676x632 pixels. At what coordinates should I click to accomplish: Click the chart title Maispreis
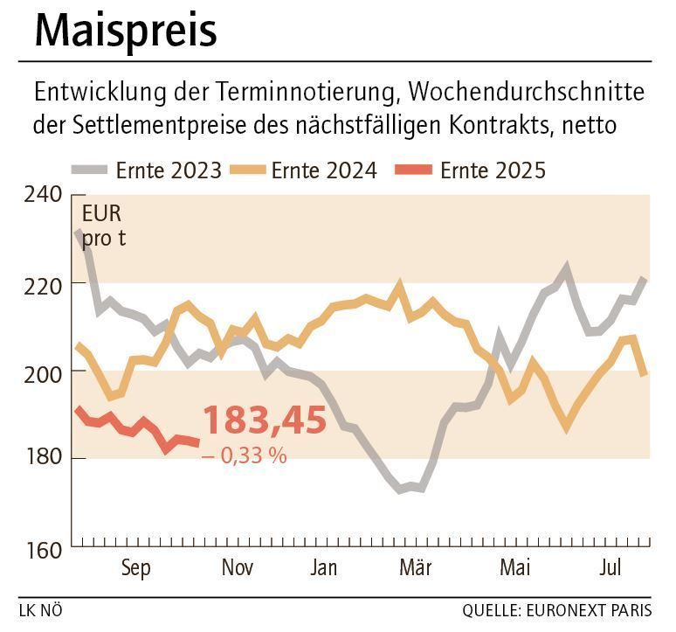coord(126,31)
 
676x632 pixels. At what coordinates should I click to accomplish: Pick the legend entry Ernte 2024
coord(324,170)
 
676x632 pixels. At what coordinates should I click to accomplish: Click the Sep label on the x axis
coord(135,568)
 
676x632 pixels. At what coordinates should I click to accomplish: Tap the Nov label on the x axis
coord(237,568)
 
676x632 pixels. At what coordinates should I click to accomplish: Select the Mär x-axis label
coord(416,568)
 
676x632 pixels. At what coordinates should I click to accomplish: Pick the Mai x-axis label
coord(516,568)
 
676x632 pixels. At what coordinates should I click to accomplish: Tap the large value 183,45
coord(265,421)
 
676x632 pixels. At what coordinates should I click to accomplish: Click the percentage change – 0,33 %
coord(244,455)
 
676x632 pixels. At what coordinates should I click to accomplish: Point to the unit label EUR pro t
coord(103,225)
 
